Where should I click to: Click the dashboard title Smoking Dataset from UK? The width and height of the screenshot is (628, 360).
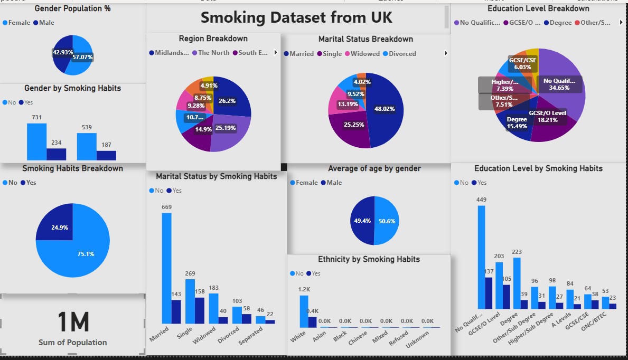(x=296, y=17)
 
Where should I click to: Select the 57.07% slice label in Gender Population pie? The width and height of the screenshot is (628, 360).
(x=82, y=56)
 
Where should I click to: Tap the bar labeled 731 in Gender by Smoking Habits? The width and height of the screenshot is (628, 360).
(x=36, y=141)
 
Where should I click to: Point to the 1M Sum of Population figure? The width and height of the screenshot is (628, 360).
(x=73, y=323)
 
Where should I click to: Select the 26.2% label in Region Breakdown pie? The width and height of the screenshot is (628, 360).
(x=227, y=101)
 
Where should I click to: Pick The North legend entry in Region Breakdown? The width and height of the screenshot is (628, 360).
(x=213, y=53)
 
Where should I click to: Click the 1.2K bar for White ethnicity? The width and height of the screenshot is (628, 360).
(x=304, y=311)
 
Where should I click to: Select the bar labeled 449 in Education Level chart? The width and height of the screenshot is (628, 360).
(x=481, y=257)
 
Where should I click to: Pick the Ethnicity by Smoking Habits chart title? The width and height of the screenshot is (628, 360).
(x=369, y=259)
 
